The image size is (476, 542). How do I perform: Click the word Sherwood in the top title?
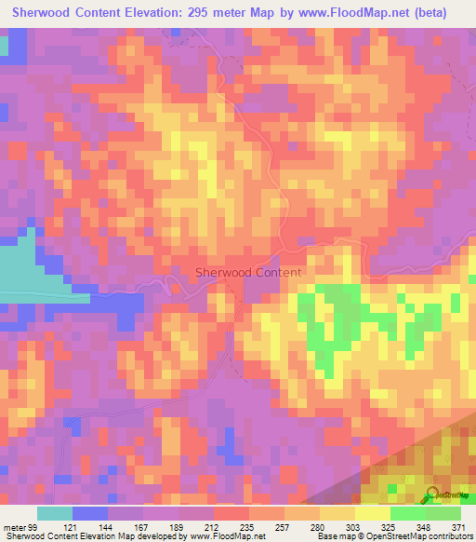46,13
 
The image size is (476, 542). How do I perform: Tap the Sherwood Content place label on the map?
248,273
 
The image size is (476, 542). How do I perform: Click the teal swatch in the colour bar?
55,513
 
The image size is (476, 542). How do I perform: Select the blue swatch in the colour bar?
90,513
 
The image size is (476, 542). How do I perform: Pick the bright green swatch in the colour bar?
407,513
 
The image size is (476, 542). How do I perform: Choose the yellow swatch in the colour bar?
372,513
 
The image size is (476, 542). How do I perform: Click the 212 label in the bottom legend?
198,527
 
